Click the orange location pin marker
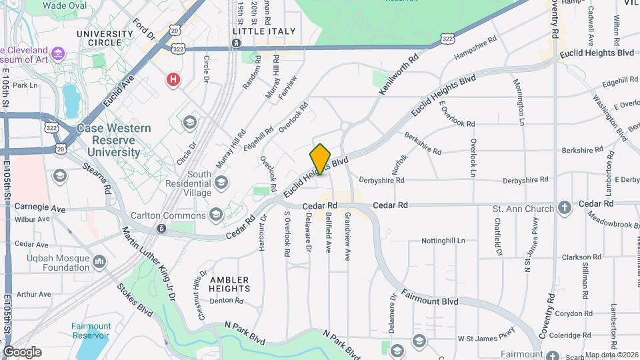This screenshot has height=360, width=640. (x=320, y=159)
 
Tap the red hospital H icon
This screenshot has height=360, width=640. (x=173, y=80)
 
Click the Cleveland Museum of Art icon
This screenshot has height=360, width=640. (x=58, y=52)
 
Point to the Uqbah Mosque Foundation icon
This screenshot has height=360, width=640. (x=99, y=261)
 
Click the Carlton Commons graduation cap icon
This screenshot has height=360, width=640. (x=215, y=215)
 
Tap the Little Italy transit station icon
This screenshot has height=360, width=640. (x=236, y=43)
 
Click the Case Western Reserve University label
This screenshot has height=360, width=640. (x=113, y=140)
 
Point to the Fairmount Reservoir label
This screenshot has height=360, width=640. (x=91, y=331)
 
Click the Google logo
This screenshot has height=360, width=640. (x=22, y=352)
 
